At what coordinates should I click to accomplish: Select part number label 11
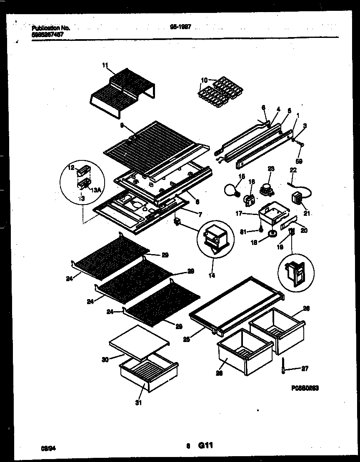(x=105, y=65)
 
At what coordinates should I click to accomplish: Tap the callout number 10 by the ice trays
(x=204, y=80)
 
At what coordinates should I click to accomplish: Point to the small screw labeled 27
(x=283, y=367)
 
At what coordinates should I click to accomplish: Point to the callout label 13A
(x=96, y=190)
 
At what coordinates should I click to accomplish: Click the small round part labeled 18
(x=271, y=235)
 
